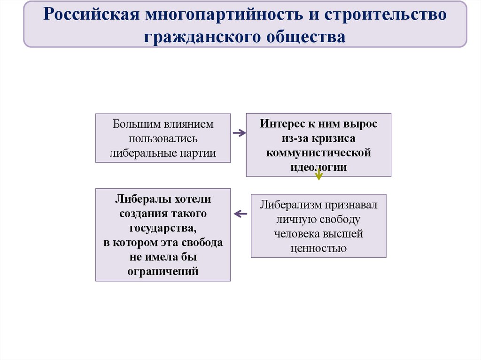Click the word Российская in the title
point(87,15)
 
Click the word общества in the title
point(301,36)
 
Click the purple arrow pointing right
point(239,133)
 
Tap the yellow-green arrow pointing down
point(319,175)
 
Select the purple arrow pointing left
point(240,214)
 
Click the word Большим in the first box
point(136,124)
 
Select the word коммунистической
point(318,153)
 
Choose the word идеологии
point(318,167)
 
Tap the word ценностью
point(318,248)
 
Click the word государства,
point(163,228)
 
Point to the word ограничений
point(163,271)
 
